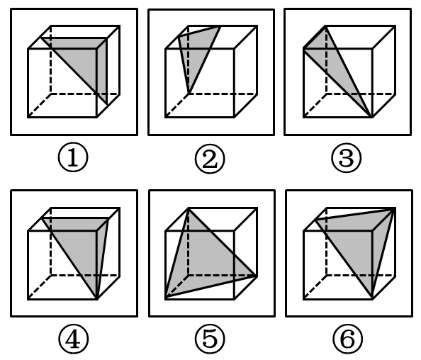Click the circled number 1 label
73,157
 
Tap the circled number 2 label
210,159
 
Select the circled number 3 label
347,158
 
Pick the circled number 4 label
73,339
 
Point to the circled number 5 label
210,339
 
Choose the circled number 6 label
348,339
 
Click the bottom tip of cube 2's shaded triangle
189,94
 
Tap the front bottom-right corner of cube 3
372,118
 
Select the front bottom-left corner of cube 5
166,299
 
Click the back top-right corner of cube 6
395,208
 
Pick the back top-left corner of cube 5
189,208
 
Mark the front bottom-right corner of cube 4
96,299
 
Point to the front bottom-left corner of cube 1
28,118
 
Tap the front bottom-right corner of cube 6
372,299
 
